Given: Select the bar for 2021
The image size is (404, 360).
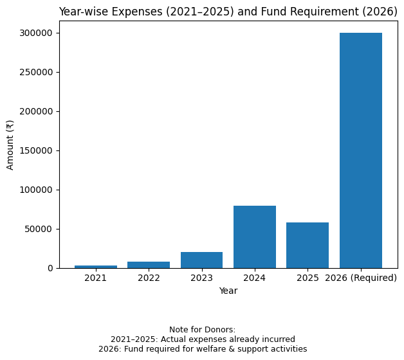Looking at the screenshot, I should [x=96, y=266].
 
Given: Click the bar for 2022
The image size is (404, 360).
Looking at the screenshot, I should [x=149, y=264].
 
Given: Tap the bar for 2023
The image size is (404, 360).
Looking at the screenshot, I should [x=201, y=260].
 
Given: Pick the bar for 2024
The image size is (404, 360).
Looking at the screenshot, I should [x=255, y=237].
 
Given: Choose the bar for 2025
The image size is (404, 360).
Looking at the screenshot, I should [x=308, y=245].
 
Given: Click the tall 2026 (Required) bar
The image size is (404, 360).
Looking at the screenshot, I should [x=361, y=150].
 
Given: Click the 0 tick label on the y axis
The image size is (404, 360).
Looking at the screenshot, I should [x=50, y=268].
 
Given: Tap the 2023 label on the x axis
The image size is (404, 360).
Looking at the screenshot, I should [x=201, y=278].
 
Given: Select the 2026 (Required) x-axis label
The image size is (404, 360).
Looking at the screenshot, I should [x=361, y=278].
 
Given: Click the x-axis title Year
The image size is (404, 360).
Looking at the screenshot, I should [x=228, y=291].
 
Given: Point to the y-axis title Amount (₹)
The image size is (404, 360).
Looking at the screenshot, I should [x=10, y=145].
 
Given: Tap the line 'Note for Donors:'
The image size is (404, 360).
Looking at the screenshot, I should [x=202, y=330].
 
